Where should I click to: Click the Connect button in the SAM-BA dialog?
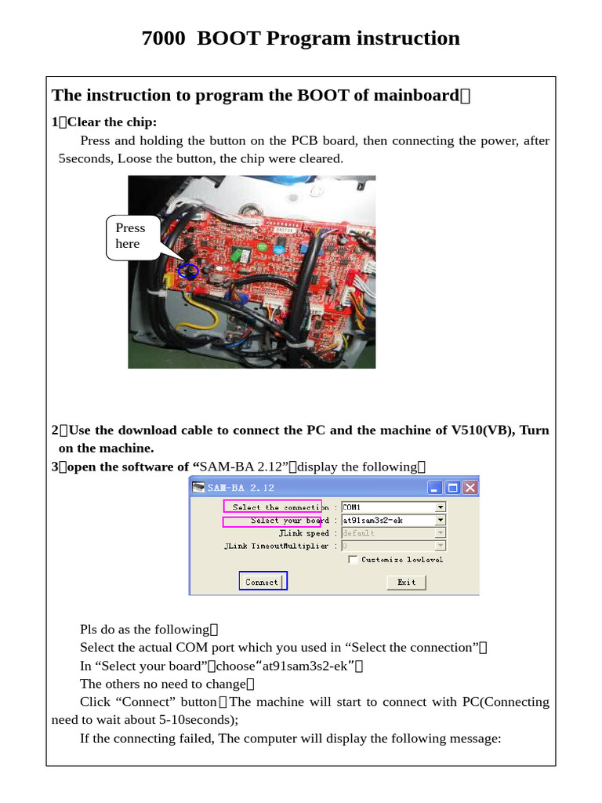263,581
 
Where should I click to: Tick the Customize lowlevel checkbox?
354,559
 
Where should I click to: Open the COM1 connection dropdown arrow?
440,507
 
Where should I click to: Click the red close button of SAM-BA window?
470,487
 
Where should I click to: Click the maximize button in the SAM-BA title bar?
452,487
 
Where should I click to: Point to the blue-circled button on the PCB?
187,271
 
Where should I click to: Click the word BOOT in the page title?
229,38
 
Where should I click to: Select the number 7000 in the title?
164,38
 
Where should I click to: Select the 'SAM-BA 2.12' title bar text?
241,487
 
